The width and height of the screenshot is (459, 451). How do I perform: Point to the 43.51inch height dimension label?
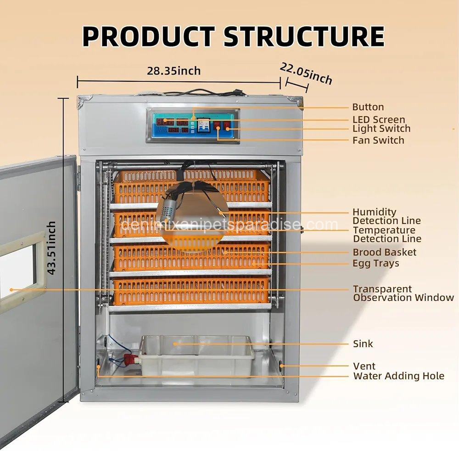[51, 248]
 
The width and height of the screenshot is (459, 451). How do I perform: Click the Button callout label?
[368, 107]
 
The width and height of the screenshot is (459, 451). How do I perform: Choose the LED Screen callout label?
[379, 119]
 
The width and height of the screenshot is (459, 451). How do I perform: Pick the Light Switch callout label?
[381, 129]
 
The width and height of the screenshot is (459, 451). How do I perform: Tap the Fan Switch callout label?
[378, 140]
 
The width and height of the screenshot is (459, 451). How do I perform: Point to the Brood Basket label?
[385, 252]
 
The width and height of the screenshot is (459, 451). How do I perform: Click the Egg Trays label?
[376, 263]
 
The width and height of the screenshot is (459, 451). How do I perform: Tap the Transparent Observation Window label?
[403, 293]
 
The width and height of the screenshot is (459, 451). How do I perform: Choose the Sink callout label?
[363, 344]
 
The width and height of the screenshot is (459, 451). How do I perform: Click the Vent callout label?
[364, 366]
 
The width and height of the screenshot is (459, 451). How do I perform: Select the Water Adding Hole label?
[398, 376]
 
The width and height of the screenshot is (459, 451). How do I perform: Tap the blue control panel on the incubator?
[193, 125]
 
